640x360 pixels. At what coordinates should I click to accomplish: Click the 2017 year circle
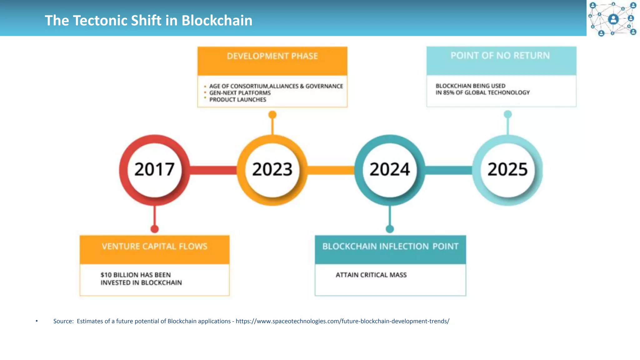[x=154, y=170]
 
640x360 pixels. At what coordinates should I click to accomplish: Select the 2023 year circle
[x=272, y=170]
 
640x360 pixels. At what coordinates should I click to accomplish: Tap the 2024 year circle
[x=390, y=170]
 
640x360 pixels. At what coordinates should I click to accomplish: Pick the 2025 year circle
[x=507, y=170]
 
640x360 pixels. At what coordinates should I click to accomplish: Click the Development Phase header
[x=272, y=56]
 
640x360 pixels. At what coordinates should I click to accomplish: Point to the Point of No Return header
[x=500, y=56]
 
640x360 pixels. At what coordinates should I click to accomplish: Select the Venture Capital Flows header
[x=154, y=247]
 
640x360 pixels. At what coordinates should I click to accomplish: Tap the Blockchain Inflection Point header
[x=390, y=247]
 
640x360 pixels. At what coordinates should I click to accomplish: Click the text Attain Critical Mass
[x=371, y=275]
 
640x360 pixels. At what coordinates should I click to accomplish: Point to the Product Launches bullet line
[x=237, y=100]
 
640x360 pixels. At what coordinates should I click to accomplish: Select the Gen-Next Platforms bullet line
[x=240, y=93]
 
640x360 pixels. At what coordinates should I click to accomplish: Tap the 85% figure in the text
[x=448, y=92]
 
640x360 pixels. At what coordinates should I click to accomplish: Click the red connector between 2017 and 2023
[x=213, y=170]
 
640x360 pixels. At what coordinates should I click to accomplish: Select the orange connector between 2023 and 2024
[x=331, y=170]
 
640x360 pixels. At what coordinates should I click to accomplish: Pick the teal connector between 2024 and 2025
[x=448, y=170]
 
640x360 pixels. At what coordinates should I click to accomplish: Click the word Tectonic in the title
[x=100, y=21]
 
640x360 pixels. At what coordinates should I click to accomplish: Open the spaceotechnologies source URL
[x=342, y=321]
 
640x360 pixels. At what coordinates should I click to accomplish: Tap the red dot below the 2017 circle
[x=154, y=229]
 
